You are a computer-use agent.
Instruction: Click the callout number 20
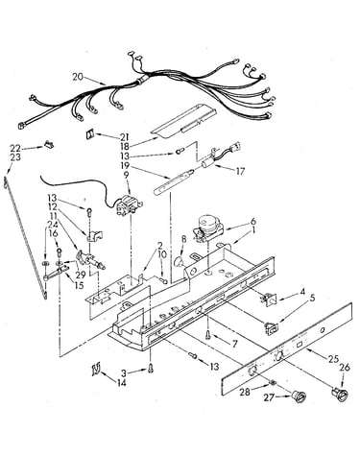[78, 77]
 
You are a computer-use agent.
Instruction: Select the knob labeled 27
[298, 396]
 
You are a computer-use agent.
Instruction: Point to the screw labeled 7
[208, 335]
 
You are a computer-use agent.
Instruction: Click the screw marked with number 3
[151, 370]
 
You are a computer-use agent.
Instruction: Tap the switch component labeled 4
[268, 300]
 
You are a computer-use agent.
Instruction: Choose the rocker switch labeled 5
[272, 328]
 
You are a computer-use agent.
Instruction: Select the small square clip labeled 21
[89, 134]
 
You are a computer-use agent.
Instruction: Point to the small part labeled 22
[49, 145]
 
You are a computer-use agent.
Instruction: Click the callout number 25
[333, 359]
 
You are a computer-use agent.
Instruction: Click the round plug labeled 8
[180, 262]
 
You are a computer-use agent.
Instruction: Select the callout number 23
[15, 157]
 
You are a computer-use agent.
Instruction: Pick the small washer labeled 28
[273, 382]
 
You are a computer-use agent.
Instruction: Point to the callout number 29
[81, 275]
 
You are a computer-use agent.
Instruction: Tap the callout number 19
[125, 165]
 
